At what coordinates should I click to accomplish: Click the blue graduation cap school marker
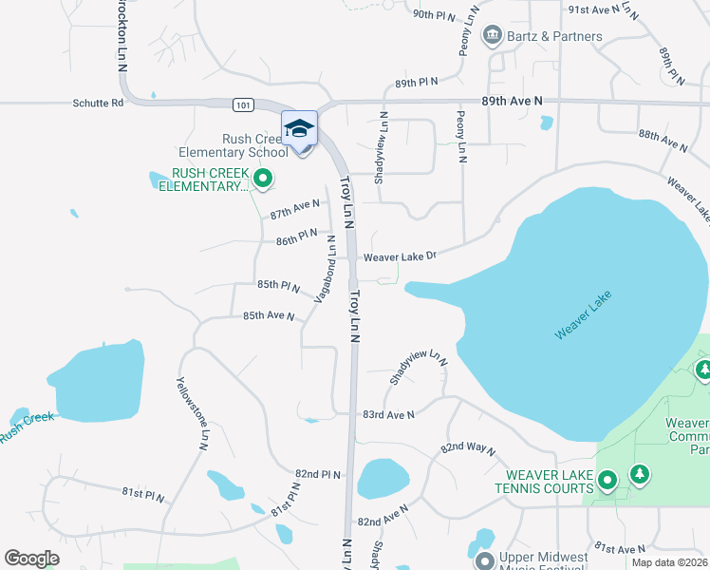coord(299,128)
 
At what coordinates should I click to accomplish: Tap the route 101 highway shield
coord(242,104)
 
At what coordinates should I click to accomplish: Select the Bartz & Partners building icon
coord(492,37)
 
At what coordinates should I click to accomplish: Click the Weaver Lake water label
coord(585,315)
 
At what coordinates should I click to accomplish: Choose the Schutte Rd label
coord(98,103)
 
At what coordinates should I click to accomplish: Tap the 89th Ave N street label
coord(512,100)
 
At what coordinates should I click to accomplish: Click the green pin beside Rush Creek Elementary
coord(263,178)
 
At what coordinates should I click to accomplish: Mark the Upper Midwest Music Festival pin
coord(485,561)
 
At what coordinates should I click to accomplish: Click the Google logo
coord(31,559)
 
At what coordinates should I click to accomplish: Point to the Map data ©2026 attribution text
coord(669,562)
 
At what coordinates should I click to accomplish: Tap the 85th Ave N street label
coord(269,315)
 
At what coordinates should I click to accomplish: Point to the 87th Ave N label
coord(295,209)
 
